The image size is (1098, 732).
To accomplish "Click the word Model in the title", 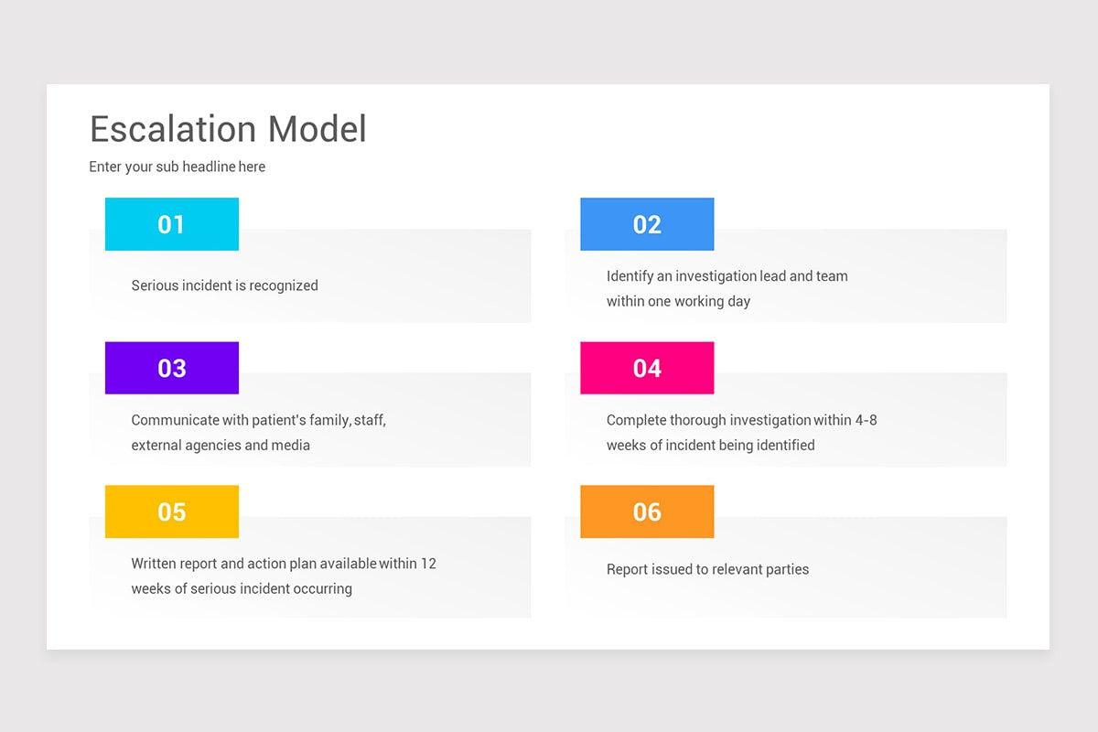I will (318, 129).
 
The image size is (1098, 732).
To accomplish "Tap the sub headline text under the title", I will (178, 167).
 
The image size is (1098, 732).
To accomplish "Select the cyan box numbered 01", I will (172, 224).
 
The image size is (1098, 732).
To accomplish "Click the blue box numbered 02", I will (647, 224).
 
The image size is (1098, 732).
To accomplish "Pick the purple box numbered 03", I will (172, 368).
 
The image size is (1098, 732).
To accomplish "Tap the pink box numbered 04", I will (647, 368).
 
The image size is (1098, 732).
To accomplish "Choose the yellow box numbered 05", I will (172, 511).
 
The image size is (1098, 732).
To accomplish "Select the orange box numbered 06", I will (647, 511).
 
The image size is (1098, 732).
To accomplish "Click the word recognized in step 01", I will (283, 285).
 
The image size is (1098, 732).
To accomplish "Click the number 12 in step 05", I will (428, 564).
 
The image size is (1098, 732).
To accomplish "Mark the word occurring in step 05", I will (321, 589).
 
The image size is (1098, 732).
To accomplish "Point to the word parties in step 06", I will (787, 569).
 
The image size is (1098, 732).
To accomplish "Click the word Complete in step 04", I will (636, 420).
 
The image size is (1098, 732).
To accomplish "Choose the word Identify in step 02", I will (630, 276).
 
